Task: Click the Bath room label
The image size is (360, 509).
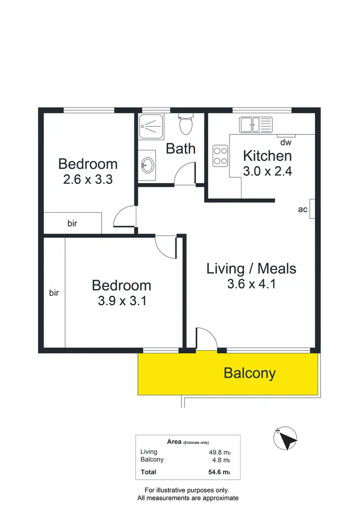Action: coord(180,148)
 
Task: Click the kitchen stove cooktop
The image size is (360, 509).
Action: coord(220,156)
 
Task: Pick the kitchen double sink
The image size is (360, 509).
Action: coord(255,125)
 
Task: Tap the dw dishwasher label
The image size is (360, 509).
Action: coord(286,142)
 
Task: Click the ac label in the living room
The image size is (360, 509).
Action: coord(303,209)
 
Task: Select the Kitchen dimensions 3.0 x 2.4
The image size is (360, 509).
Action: coord(267,171)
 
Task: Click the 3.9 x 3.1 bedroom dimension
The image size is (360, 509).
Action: coord(121,301)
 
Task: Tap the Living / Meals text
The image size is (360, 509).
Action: coord(251,268)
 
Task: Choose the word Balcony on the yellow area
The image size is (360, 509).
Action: coord(250,373)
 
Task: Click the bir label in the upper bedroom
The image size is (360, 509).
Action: coord(72,223)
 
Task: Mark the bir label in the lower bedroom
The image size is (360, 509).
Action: coord(54,292)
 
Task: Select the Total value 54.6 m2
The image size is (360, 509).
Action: coord(219,473)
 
